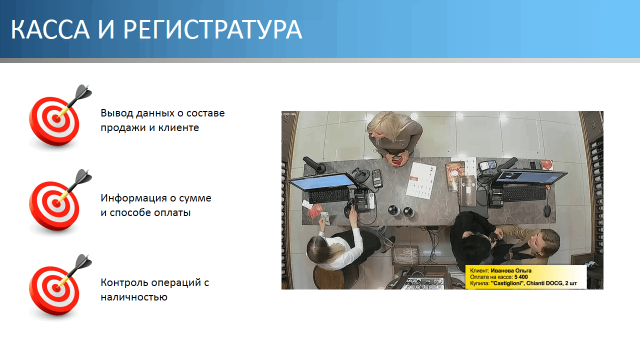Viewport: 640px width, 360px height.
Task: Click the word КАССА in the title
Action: click(x=50, y=29)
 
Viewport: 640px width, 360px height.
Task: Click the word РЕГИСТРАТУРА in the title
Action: click(x=212, y=29)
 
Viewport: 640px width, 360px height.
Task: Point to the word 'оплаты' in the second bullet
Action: click(x=172, y=213)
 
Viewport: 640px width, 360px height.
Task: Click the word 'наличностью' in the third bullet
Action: click(x=134, y=297)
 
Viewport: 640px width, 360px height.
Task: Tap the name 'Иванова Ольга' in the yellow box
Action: click(x=511, y=270)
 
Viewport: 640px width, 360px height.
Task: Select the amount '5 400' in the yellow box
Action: click(x=521, y=277)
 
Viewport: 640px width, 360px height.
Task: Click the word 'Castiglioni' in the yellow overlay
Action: click(x=507, y=283)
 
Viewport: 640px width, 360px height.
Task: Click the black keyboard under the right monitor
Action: click(x=524, y=193)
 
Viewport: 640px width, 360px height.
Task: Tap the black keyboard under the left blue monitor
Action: click(x=329, y=195)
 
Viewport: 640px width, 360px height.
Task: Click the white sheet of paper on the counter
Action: click(x=421, y=180)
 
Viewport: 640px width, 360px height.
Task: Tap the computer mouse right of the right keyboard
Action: click(x=547, y=211)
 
